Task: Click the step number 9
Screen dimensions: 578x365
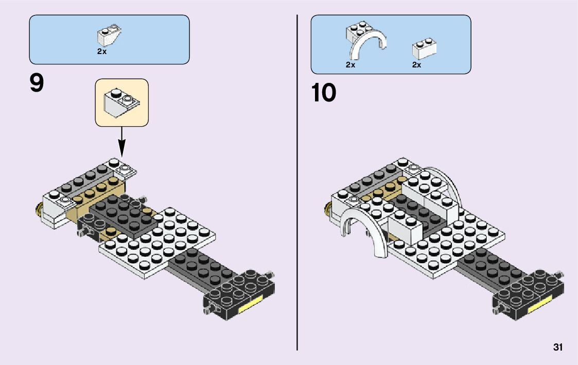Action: pos(37,84)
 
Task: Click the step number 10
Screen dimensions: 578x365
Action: pos(323,93)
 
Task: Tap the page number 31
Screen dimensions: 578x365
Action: pos(557,347)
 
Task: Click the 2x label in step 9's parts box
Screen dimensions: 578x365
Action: pos(101,51)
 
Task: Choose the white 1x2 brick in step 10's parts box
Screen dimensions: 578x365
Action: pos(424,48)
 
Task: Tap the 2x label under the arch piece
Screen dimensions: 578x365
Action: pos(351,65)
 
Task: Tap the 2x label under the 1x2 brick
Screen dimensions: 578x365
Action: pos(416,65)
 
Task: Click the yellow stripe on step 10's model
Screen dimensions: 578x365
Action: pos(538,308)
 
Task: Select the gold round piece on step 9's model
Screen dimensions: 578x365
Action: pos(38,208)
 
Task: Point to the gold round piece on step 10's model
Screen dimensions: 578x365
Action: pos(327,208)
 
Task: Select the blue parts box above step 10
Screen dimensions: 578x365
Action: pos(391,44)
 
